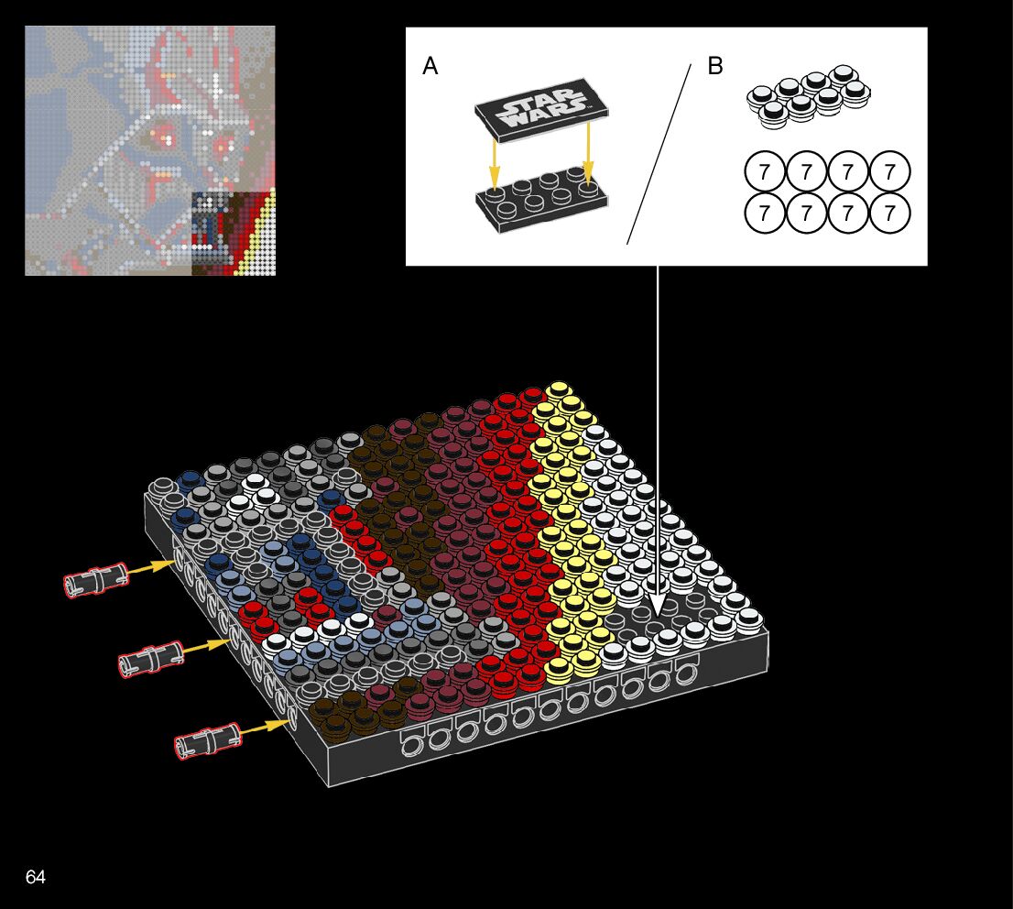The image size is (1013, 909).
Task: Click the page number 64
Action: (x=36, y=877)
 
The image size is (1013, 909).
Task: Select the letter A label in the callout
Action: (x=430, y=67)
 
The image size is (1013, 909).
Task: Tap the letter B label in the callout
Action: (x=715, y=67)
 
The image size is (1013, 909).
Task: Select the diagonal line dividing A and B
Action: (x=659, y=154)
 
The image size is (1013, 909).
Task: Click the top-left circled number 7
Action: (x=765, y=171)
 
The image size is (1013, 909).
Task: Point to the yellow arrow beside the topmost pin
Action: (x=149, y=568)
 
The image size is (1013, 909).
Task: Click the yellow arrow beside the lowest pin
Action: (x=265, y=728)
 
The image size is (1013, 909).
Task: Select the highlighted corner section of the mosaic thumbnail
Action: (x=234, y=233)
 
